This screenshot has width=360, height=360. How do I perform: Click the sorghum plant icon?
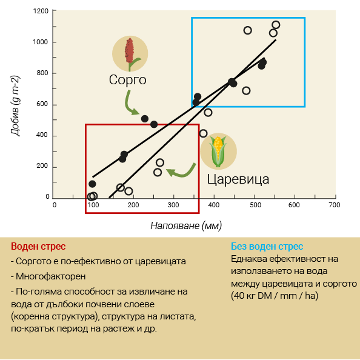(130, 54)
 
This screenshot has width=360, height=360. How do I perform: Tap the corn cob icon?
(218, 152)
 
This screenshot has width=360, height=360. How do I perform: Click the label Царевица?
(238, 179)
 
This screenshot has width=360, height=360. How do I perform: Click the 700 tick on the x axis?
(335, 196)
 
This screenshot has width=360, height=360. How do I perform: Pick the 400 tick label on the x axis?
(213, 205)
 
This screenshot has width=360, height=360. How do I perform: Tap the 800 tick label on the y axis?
(42, 73)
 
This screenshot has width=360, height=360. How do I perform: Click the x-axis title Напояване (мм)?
(186, 225)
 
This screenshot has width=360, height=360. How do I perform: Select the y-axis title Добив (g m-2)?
(15, 105)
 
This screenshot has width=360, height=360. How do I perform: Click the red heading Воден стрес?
(38, 246)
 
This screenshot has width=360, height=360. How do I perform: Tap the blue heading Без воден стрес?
(267, 246)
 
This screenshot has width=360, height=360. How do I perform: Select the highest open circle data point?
(276, 25)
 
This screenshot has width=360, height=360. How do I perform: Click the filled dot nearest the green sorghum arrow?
(145, 119)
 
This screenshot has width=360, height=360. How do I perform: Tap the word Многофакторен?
(50, 276)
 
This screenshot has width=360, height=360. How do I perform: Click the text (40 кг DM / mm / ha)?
(275, 296)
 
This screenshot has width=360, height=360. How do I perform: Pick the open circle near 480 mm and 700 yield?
(246, 91)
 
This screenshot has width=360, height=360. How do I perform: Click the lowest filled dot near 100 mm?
(92, 184)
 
